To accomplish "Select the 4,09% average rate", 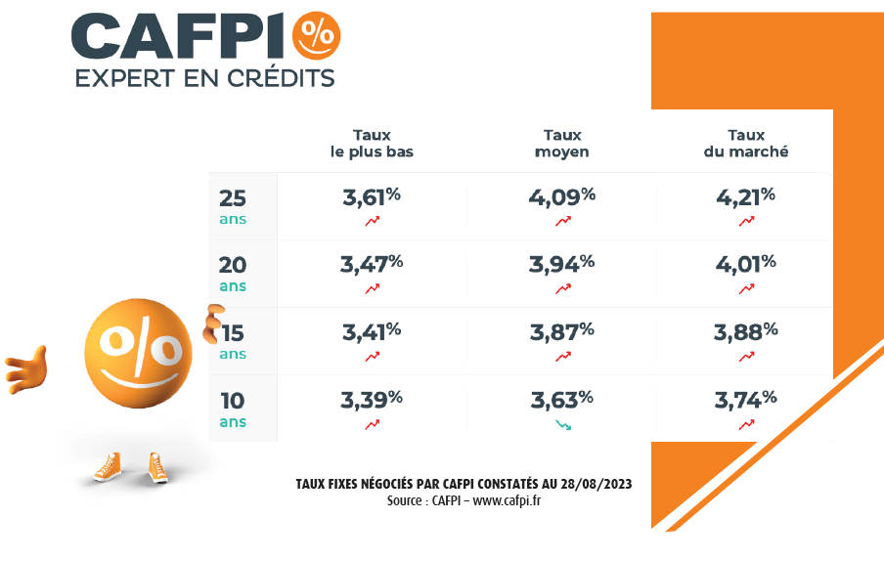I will pos(561,196).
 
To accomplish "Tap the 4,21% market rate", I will pos(745,196).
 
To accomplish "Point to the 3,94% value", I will pos(561,264).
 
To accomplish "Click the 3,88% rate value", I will pos(745,331).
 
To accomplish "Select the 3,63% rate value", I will pos(561,399).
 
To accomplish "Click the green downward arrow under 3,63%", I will pos(563,424).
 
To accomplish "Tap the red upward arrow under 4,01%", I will pos(746,288).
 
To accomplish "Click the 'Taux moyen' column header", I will pos(562,144).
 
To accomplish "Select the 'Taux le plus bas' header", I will pos(372,144).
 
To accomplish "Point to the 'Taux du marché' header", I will pos(746,144).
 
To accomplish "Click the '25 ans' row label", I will pos(233,206).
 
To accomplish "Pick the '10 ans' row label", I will pos(233,409).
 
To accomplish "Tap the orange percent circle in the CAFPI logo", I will pos(314,35).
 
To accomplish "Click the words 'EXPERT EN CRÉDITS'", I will pos(204,78).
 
